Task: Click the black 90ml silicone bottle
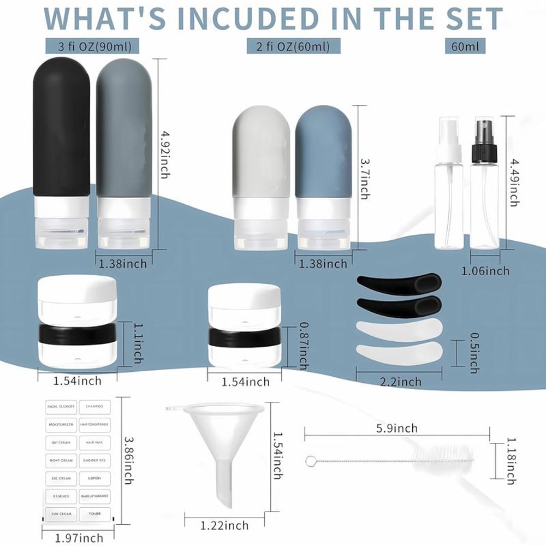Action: coord(61,131)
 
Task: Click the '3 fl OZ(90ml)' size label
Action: coord(91,45)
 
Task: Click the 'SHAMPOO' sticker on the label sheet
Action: coord(95,406)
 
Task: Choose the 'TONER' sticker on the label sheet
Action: coord(95,514)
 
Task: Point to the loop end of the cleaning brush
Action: coord(311,461)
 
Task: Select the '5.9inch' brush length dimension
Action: coord(397,428)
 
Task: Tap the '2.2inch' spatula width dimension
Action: coord(401,382)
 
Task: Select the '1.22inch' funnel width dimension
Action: coord(224,526)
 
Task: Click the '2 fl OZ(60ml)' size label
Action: coord(293,46)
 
